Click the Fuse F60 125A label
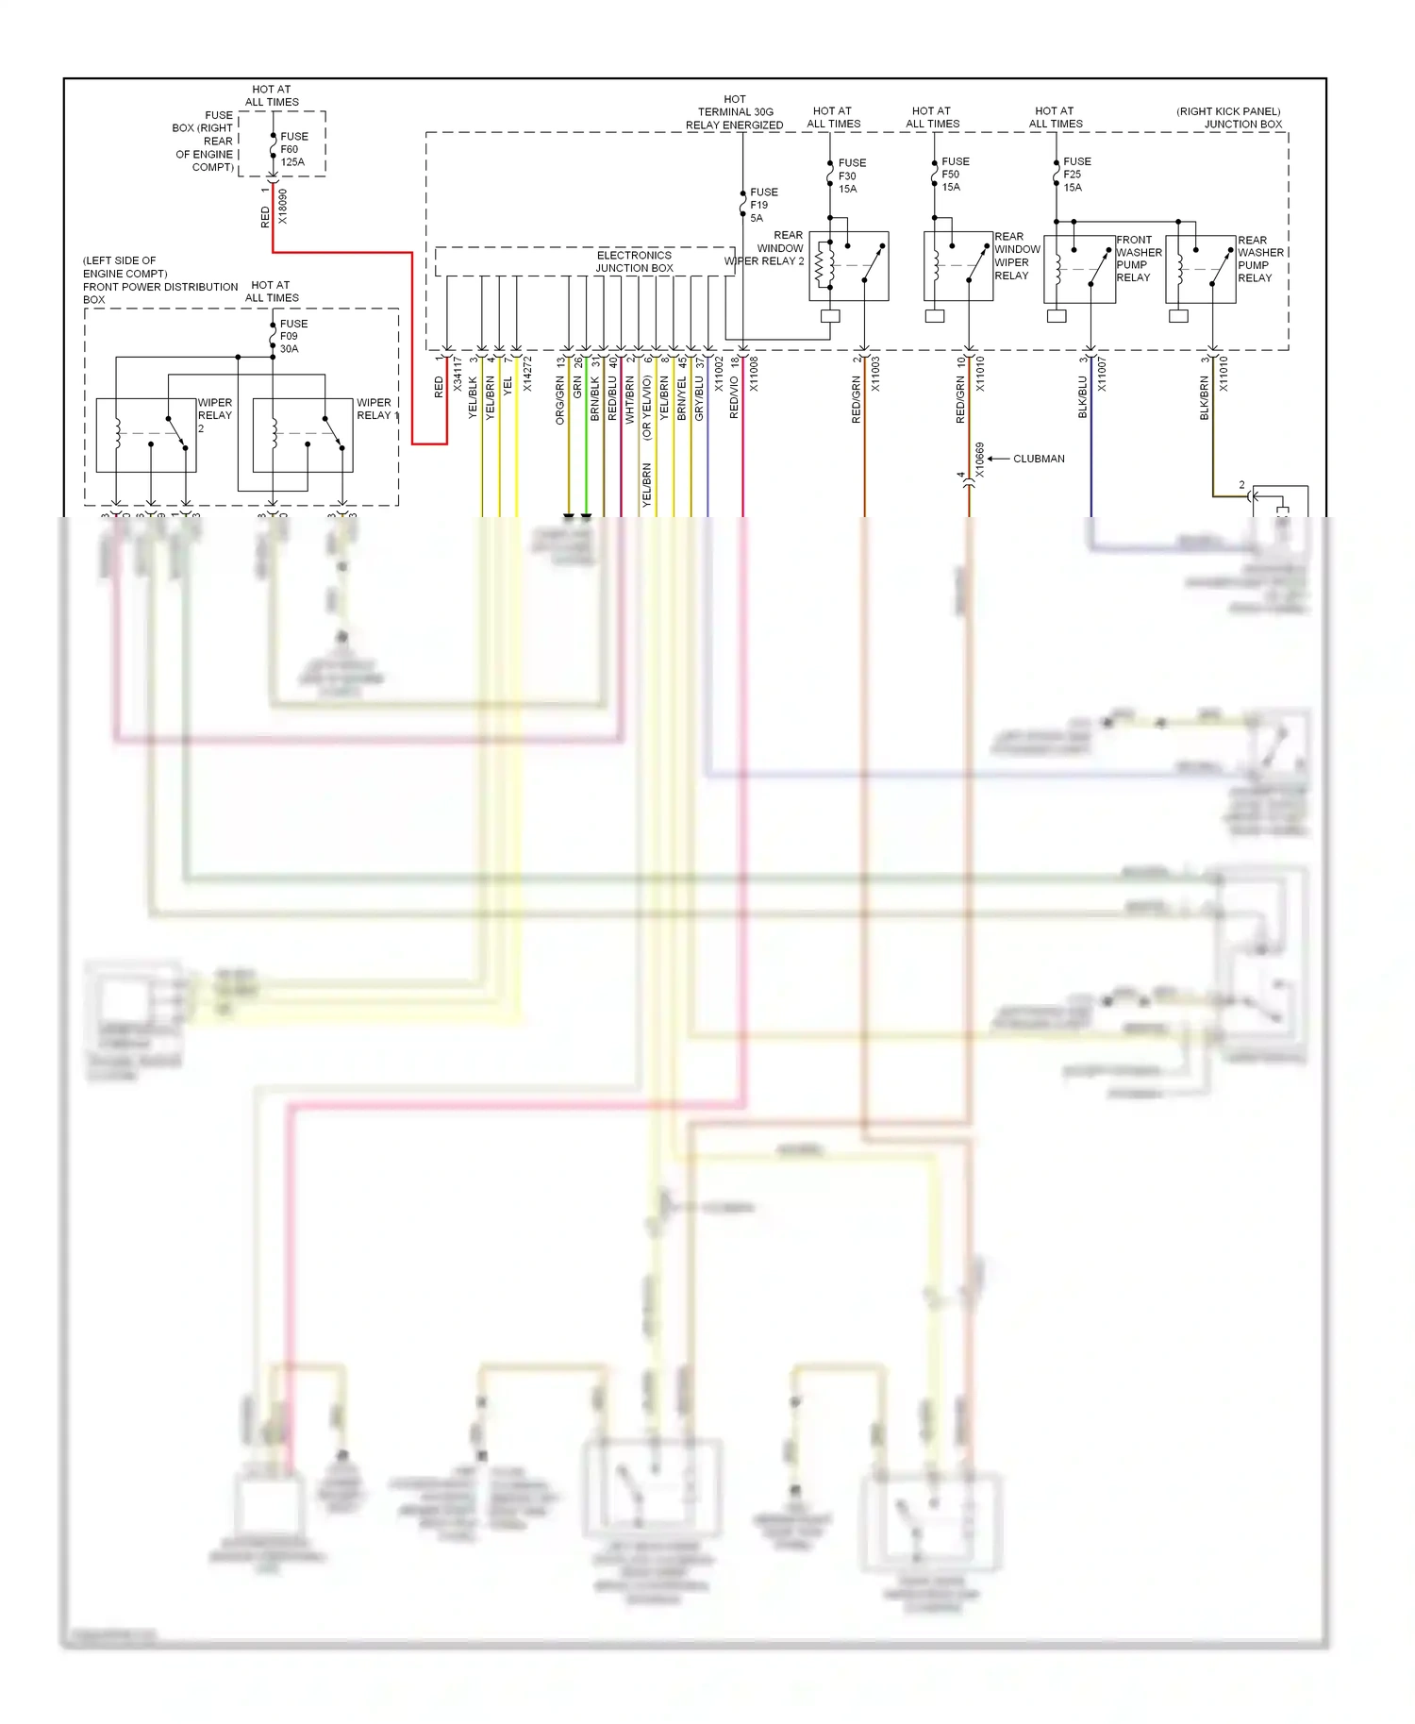tap(292, 149)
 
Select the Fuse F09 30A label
tap(293, 336)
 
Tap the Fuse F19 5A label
tap(763, 205)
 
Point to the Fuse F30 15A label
tap(851, 176)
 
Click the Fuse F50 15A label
tap(954, 175)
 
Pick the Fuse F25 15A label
tap(1075, 175)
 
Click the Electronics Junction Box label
tap(634, 261)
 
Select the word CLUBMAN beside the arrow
tap(1039, 459)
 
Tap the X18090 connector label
tap(283, 207)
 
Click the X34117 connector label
tap(458, 374)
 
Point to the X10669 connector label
tap(979, 460)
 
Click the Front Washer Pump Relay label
tap(1138, 259)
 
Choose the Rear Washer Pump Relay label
tap(1260, 259)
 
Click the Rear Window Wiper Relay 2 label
tap(766, 248)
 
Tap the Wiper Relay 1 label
tap(376, 409)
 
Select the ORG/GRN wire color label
tap(559, 400)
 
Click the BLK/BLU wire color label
tap(1082, 397)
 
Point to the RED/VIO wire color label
tap(734, 398)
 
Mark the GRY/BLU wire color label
tap(699, 398)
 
